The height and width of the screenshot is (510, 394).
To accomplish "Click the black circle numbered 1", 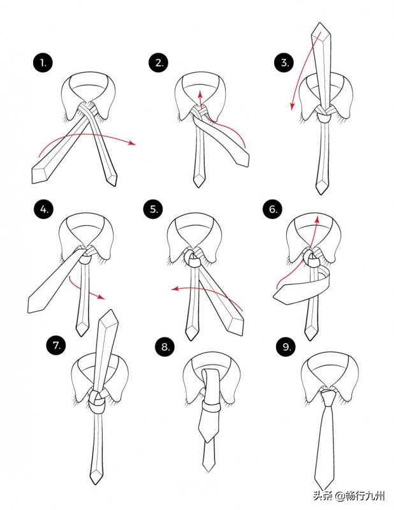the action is coord(43,62).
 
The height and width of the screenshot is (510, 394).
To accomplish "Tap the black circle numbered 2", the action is coord(159,62).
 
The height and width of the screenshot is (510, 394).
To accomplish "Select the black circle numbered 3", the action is coord(284,62).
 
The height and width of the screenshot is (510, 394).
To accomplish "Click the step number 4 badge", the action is coord(43,209).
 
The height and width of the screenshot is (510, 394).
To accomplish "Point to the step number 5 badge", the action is coord(153,209).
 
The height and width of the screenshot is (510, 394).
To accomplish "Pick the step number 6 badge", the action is coord(273,209).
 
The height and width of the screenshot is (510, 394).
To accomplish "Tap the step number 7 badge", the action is coord(56,345).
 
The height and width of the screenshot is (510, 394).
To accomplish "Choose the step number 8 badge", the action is coord(165,347).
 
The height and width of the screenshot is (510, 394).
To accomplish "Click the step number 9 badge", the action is coord(286,347).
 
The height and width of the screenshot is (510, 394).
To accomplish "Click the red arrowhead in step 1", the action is coord(132,143).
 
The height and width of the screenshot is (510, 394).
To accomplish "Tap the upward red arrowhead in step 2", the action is coord(200,94).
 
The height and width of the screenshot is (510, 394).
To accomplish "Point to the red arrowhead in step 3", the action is coord(293,106).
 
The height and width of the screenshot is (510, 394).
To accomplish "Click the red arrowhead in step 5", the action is coord(176,289).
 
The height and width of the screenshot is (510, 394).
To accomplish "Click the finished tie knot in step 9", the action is coord(327,397).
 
